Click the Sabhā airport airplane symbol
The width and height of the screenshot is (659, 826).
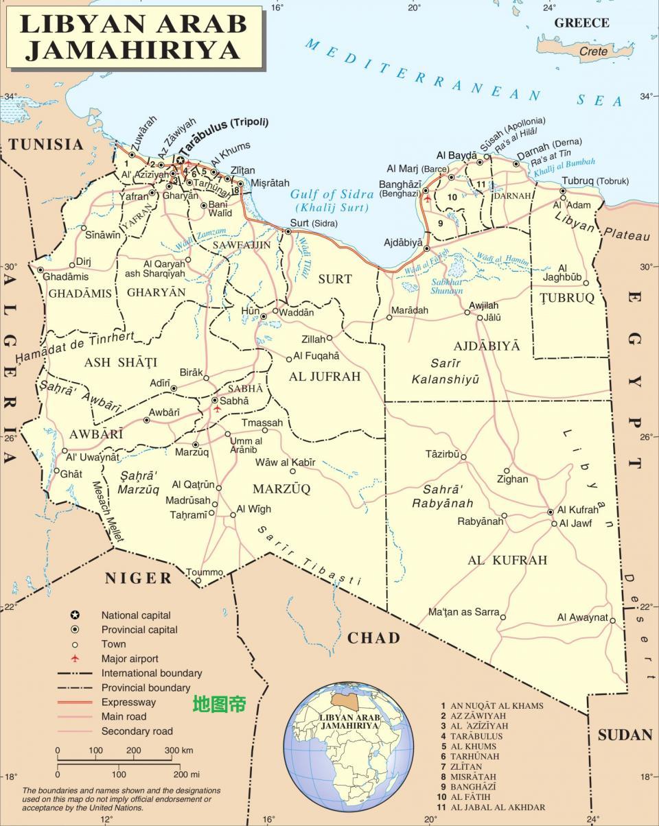coord(218,409)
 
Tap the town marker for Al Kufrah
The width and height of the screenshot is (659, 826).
coord(551,512)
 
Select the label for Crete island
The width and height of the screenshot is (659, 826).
coord(594,51)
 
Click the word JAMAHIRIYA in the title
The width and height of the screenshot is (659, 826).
coord(134,49)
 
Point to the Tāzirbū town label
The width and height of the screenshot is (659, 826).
coord(443,454)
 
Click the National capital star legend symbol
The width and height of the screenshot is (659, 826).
coord(75,615)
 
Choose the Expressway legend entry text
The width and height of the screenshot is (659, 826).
coord(128,702)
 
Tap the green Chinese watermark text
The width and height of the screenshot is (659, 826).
coord(219,704)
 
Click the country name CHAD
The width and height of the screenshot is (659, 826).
coord(373,638)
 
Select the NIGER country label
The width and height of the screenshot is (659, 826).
coord(139,578)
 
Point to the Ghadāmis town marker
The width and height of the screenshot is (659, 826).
coord(41,270)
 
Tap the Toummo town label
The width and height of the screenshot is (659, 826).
coord(205,572)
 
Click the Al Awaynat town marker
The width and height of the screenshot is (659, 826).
coord(612,617)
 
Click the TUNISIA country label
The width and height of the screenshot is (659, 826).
coord(46,144)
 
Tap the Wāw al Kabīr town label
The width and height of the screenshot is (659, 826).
coord(285,462)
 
